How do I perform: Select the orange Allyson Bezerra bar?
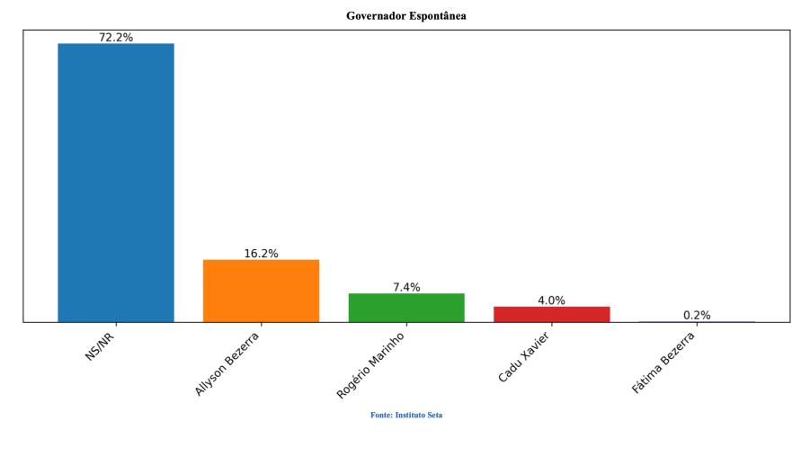pos(261,291)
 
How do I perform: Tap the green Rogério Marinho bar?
pos(406,308)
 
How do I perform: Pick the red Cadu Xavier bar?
pos(551,314)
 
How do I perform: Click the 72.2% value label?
pos(116,38)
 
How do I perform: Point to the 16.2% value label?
pos(261,254)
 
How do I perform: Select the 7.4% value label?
pos(406,287)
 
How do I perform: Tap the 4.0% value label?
pos(551,300)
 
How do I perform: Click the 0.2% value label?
pos(697,315)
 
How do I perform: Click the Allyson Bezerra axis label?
pos(227,363)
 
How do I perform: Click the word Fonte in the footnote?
pos(381,415)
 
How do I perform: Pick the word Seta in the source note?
pos(435,415)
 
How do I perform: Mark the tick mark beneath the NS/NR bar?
pos(116,324)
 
